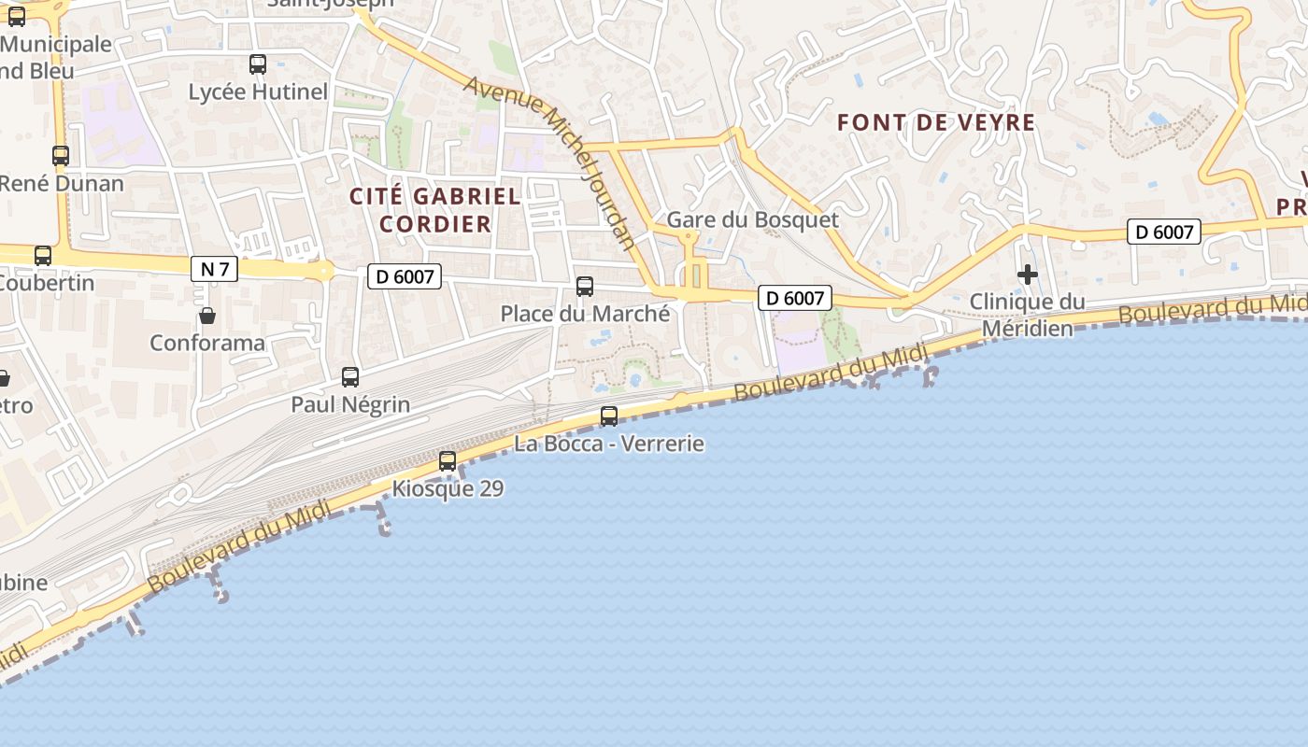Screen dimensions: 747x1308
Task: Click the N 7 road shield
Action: point(214,270)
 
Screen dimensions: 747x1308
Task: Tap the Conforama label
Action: point(207,343)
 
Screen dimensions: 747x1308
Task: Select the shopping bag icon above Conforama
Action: point(207,316)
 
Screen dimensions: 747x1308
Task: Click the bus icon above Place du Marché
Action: point(585,287)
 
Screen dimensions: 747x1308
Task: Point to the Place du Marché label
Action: point(585,314)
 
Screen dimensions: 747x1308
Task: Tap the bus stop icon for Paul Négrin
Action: point(350,377)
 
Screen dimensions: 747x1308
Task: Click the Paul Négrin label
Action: point(350,404)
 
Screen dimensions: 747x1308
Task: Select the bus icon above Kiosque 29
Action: point(448,461)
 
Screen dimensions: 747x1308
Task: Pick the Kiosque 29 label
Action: point(448,488)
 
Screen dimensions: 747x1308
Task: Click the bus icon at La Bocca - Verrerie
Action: point(609,416)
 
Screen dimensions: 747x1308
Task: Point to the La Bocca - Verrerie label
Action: point(609,444)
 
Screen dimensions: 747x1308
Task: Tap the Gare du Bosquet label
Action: point(752,219)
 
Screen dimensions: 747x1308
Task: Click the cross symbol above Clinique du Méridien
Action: point(1028,275)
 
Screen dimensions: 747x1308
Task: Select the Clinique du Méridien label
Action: point(1028,316)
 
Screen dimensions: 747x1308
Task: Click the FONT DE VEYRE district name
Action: point(936,122)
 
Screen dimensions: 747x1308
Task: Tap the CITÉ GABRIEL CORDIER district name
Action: point(435,210)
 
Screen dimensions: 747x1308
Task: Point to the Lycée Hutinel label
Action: point(258,92)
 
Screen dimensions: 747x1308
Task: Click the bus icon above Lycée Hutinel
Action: point(258,64)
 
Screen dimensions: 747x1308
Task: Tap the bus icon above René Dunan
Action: point(61,156)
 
